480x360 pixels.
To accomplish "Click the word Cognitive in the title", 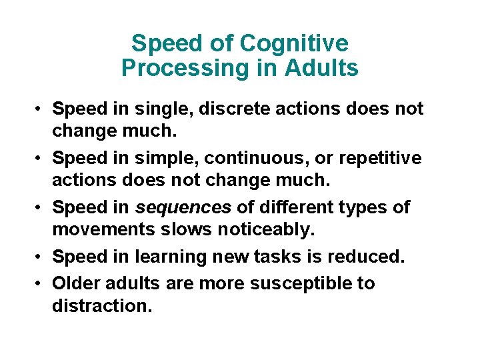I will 294,43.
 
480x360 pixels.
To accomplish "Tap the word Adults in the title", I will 323,68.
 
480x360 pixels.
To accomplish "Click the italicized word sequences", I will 183,207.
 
